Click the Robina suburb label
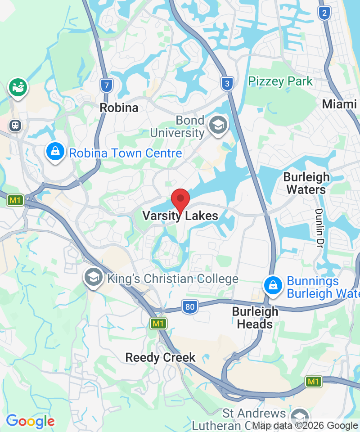coord(119,108)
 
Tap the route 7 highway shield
coord(106,85)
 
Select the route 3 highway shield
coord(228,83)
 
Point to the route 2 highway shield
coord(324,13)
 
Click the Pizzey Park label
coord(280,81)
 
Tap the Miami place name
coord(339,104)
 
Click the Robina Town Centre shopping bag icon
coord(55,152)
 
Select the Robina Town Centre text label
coord(125,153)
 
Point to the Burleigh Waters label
coord(306,183)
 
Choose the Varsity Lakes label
coord(180,216)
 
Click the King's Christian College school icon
coord(94,278)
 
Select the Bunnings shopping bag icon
coord(273,284)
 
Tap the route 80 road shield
coord(190,308)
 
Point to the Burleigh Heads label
coord(255,318)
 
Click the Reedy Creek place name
coord(160,358)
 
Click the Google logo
coord(30,422)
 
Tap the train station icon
coord(16,125)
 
